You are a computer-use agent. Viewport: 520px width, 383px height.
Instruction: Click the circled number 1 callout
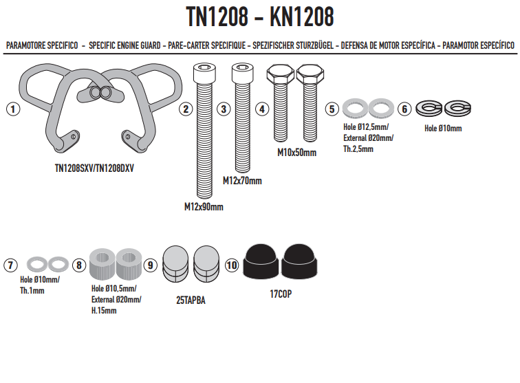13,109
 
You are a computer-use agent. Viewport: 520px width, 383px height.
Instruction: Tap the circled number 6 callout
404,109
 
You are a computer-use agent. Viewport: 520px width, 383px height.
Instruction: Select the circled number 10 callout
232,265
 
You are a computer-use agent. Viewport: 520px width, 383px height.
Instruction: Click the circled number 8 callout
79,265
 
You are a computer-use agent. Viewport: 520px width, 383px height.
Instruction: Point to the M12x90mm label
204,207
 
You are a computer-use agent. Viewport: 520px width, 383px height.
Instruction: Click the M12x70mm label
242,181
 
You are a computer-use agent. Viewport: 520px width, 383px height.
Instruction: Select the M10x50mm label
297,153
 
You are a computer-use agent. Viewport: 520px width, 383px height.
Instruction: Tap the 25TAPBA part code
191,300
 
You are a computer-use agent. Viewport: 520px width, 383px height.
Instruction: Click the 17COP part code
281,294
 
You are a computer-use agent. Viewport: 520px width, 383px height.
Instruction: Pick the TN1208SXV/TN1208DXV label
94,168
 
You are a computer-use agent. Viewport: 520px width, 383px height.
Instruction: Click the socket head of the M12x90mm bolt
204,74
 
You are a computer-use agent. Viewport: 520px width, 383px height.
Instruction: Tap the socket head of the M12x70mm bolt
243,74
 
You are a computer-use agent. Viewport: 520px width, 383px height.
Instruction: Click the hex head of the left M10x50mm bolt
280,74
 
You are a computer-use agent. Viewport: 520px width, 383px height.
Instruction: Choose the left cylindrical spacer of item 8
102,263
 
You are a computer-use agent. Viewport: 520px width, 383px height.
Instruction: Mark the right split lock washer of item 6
457,108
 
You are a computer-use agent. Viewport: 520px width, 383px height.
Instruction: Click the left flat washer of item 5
355,108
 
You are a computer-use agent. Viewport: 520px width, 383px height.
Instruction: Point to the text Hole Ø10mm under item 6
443,129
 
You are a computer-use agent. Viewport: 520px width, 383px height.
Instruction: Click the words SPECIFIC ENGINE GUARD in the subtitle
124,45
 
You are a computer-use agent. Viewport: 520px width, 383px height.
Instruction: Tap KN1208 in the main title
301,17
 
